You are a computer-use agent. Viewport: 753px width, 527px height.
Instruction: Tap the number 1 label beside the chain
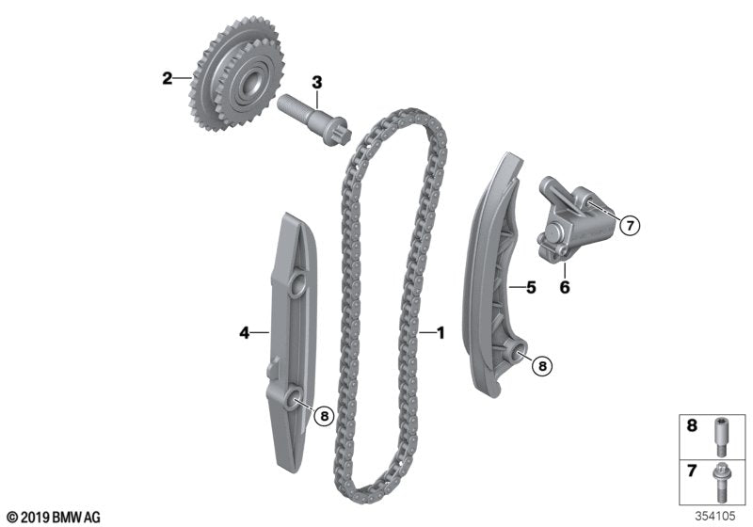439,332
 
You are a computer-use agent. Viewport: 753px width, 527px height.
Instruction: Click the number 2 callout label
167,78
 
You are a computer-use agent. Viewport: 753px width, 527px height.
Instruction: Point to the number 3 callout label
317,82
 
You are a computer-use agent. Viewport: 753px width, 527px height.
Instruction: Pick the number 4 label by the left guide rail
243,331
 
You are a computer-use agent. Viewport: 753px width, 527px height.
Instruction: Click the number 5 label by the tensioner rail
531,288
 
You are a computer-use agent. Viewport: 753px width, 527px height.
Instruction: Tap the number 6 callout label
565,288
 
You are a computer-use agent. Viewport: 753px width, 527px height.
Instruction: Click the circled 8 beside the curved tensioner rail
542,366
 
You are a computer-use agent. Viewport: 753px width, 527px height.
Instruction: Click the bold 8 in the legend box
691,426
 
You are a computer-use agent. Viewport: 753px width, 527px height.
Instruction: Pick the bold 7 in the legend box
691,468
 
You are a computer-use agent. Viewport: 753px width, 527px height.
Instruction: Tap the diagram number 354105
718,516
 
